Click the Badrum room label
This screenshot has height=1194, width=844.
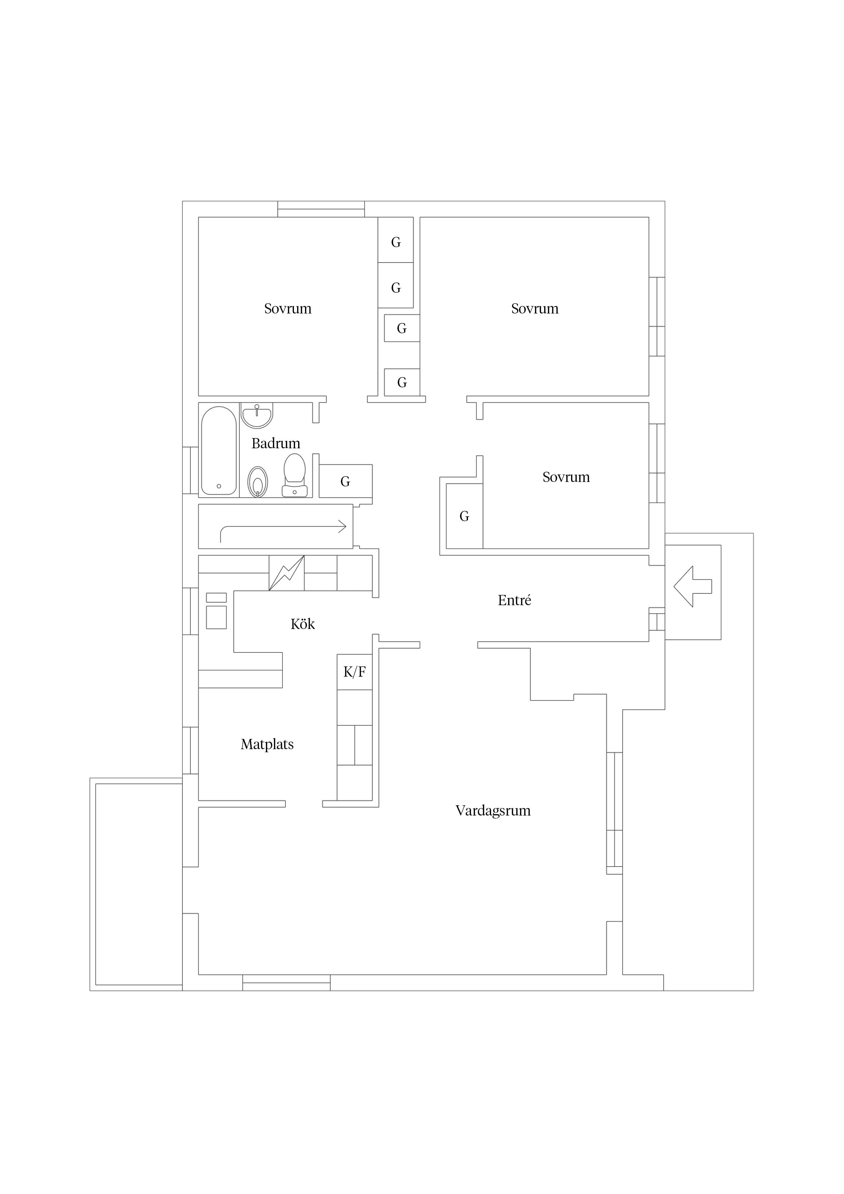click(276, 443)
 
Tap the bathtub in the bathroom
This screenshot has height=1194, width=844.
click(219, 450)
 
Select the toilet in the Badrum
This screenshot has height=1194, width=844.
click(294, 475)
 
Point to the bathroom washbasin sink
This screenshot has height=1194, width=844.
click(257, 416)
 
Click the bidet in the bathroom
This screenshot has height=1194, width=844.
click(257, 482)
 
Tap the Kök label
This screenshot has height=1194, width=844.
click(303, 624)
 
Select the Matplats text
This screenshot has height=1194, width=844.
click(267, 745)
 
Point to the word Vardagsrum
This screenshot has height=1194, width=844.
click(493, 811)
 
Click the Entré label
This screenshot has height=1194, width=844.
click(514, 601)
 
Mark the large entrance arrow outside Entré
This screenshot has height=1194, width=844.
click(693, 586)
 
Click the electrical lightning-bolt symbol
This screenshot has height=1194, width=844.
click(287, 573)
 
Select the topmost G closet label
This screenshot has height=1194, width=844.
click(396, 242)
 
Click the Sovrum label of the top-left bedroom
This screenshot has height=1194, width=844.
click(288, 309)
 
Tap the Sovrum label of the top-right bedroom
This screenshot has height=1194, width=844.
click(535, 309)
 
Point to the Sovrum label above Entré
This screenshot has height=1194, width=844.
click(566, 478)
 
